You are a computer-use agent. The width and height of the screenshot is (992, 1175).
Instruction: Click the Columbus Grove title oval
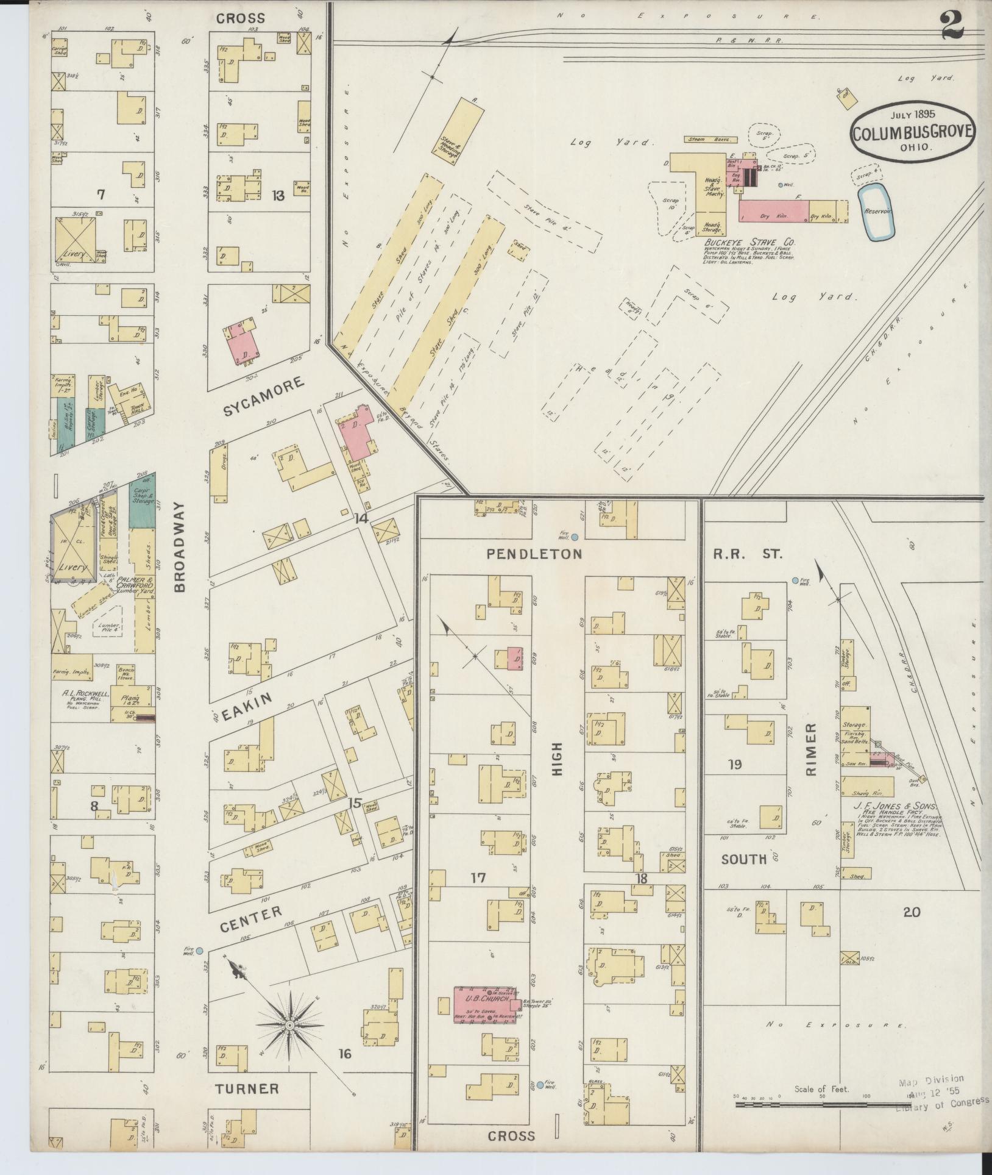click(913, 132)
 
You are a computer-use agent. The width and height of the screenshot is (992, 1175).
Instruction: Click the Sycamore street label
click(263, 396)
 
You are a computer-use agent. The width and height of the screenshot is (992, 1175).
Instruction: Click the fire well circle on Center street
click(200, 950)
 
